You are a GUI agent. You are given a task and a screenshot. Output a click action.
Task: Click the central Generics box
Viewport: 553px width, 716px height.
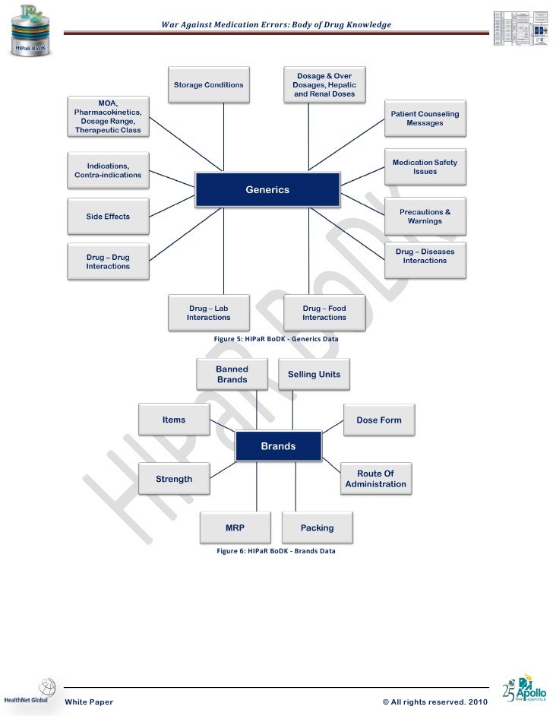(267, 190)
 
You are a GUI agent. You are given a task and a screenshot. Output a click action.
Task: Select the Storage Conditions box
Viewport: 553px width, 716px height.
(209, 85)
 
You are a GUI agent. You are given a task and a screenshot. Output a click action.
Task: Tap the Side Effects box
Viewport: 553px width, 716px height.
(108, 217)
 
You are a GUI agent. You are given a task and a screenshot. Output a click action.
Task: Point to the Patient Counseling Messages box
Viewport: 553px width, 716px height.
(425, 119)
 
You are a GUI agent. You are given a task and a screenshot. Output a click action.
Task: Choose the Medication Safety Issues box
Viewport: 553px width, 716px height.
(425, 167)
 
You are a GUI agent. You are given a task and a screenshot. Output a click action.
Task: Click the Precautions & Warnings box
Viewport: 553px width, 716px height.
(425, 217)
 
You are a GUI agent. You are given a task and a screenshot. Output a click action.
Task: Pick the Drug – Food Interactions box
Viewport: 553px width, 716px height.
(324, 312)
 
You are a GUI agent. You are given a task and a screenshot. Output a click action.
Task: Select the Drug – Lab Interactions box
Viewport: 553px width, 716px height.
(209, 312)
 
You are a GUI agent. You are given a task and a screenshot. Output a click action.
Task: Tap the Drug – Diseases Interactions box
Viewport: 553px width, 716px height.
(425, 261)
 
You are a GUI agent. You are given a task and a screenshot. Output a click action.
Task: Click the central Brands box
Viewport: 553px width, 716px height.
(278, 446)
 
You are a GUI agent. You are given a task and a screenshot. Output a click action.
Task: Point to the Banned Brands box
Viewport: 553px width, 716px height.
(232, 374)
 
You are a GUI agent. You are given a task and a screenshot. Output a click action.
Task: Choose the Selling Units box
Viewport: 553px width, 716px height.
(314, 374)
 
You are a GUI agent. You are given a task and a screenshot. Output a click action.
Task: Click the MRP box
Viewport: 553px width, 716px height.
(235, 527)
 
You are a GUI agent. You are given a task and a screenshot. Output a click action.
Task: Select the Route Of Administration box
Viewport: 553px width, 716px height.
(375, 479)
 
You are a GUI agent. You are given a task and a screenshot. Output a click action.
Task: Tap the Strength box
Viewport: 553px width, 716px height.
(174, 479)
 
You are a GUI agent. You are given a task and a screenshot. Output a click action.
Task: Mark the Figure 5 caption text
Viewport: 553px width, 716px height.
(276, 338)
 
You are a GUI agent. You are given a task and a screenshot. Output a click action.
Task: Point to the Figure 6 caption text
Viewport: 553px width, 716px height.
(276, 551)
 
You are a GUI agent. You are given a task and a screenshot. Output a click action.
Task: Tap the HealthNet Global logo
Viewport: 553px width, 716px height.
(30, 693)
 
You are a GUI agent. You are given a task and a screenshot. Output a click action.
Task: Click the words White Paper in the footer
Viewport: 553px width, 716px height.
(89, 702)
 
